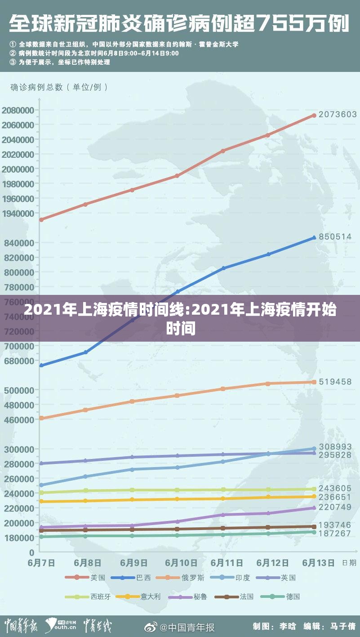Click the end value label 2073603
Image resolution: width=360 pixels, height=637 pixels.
(338, 115)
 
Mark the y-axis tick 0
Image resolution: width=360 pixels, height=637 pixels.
(31, 552)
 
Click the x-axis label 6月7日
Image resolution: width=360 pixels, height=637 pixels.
(42, 563)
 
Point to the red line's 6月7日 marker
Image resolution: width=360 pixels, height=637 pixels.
(41, 220)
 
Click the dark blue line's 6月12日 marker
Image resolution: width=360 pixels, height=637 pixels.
(268, 254)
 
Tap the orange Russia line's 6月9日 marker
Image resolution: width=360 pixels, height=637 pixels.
(132, 401)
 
